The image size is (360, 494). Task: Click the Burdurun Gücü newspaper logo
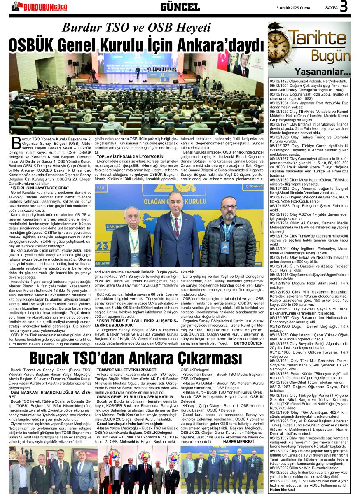[39, 7]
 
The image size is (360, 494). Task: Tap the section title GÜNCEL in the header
[180, 7]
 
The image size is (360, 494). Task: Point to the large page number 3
[344, 7]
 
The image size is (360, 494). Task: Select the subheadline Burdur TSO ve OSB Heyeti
[136, 28]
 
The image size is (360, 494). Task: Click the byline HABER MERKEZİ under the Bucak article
[238, 441]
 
